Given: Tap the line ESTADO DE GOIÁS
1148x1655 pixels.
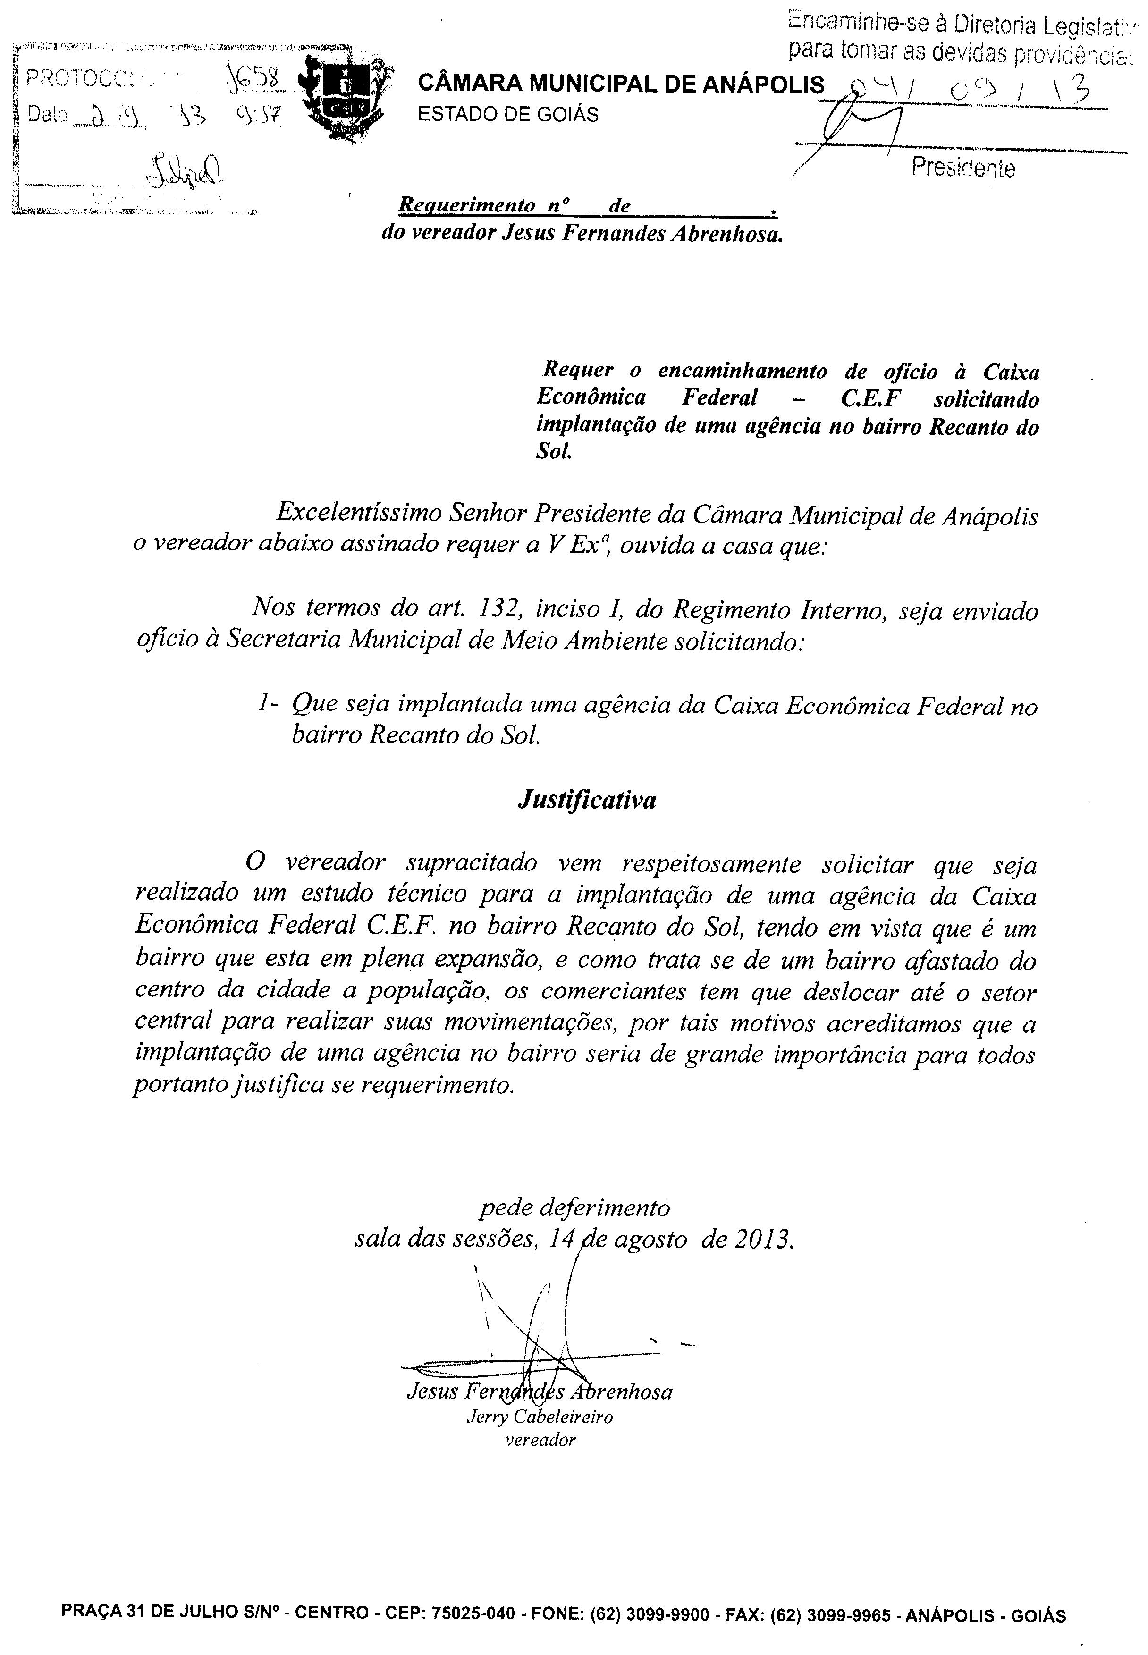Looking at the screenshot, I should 508,115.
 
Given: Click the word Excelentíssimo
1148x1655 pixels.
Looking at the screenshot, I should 357,514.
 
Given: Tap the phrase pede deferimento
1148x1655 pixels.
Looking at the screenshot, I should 575,1207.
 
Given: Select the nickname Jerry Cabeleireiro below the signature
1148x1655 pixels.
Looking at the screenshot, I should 540,1417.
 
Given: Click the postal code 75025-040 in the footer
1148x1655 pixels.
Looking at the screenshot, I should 473,1594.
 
